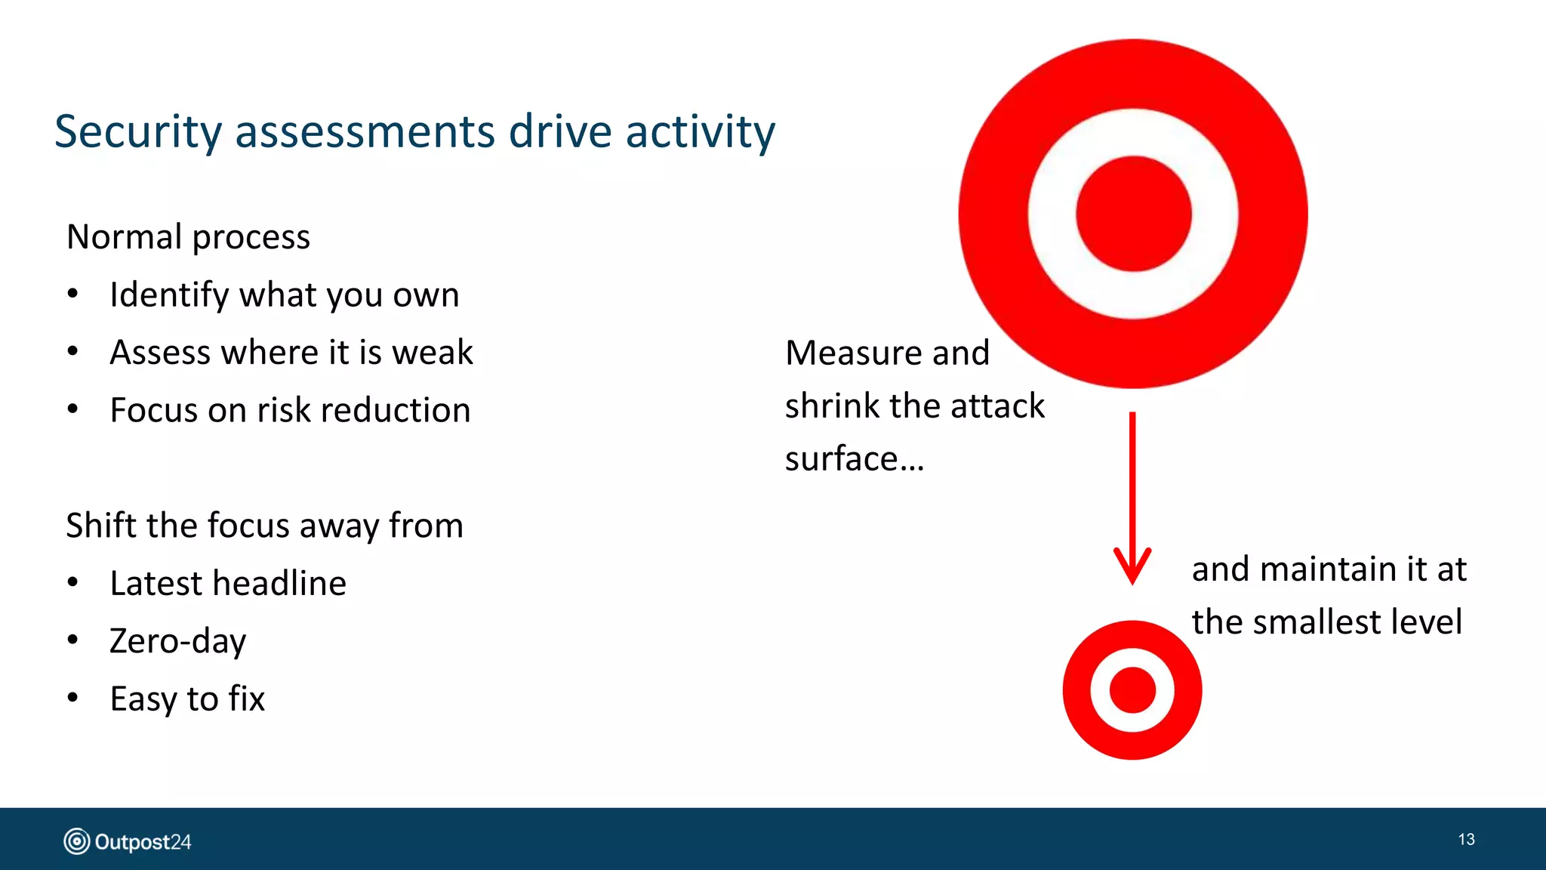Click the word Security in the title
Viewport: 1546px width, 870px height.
[x=138, y=132]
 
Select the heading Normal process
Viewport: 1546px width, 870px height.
[x=188, y=237]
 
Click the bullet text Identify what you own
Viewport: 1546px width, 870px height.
[x=284, y=295]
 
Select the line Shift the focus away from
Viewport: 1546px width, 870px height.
[x=264, y=526]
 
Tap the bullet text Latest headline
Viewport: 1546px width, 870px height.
[x=227, y=583]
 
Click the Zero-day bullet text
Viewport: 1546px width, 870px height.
[x=177, y=641]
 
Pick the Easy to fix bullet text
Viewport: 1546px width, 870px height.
[x=187, y=699]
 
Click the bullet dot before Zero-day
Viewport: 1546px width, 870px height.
[x=72, y=640]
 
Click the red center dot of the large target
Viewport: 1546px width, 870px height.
[x=1133, y=214]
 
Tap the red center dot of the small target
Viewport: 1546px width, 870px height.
[x=1132, y=690]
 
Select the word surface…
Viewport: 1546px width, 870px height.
[x=854, y=459]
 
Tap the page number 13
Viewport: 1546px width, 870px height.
[x=1466, y=840]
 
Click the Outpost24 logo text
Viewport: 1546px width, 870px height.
[x=143, y=842]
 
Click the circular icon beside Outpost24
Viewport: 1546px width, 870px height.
[x=76, y=841]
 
